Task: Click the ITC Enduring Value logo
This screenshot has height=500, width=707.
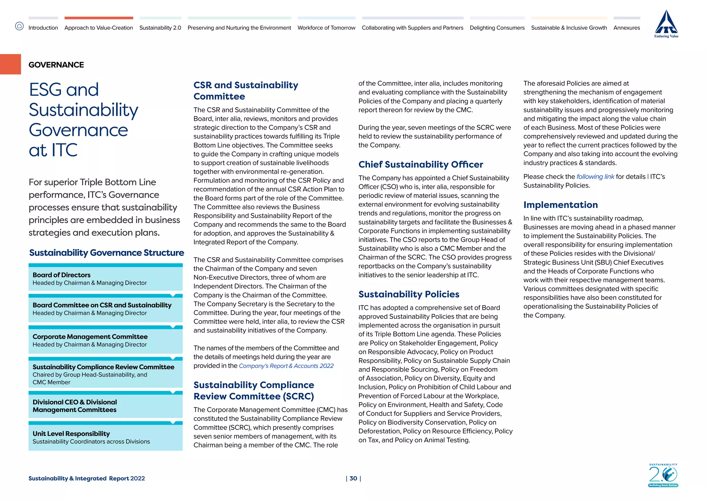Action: pos(666,24)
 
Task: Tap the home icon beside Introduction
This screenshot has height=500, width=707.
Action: pos(19,26)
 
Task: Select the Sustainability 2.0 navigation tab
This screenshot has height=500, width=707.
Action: pos(160,28)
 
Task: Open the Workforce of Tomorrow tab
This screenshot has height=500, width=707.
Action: pos(326,28)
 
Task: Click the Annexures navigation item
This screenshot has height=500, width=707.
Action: pos(627,28)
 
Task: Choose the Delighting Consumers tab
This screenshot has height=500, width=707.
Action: pos(497,28)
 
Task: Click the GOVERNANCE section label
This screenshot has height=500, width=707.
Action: pos(56,65)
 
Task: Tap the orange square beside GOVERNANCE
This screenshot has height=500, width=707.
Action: pos(10,64)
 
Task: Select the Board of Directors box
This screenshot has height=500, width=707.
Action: pos(105,279)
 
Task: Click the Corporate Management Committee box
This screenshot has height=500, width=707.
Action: pos(105,340)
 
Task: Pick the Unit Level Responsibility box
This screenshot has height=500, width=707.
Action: pos(105,437)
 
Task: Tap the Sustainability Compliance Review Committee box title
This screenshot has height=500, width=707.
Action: pos(103,367)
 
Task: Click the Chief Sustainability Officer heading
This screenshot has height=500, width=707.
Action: pos(420,164)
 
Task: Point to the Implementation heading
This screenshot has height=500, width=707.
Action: pos(560,205)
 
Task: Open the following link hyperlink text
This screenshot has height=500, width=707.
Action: pos(595,177)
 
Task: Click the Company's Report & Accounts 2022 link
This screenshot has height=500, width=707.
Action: pos(286,366)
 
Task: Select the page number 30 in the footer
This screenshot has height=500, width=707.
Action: pos(353,478)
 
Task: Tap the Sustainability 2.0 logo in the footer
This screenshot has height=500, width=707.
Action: pos(663,475)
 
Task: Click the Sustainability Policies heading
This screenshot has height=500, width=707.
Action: pos(409,294)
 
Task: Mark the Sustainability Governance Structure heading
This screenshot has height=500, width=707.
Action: pos(106,253)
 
